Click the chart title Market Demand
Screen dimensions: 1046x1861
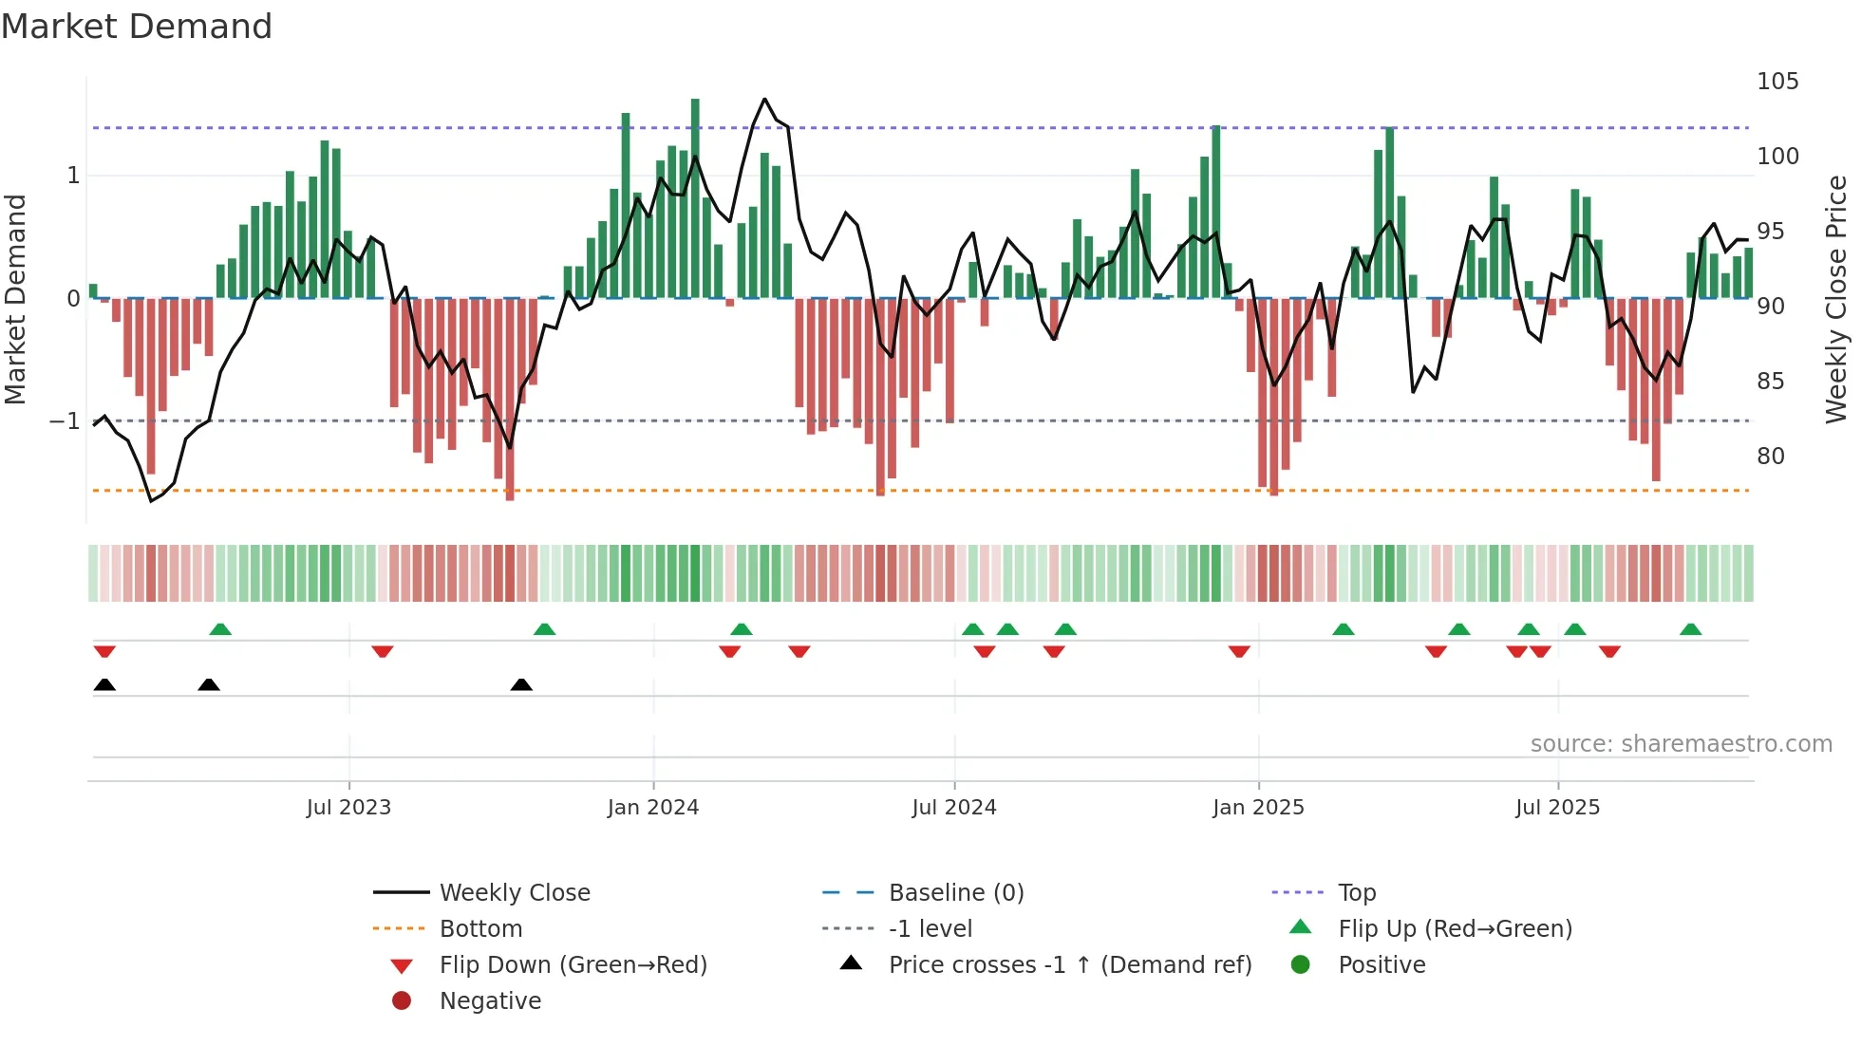137,27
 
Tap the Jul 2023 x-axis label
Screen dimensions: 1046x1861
348,808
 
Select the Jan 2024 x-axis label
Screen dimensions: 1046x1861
653,808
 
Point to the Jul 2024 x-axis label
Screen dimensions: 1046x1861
954,808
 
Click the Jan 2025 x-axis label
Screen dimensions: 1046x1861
1258,808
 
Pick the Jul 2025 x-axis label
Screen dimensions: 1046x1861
1557,808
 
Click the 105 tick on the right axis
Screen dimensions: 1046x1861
1777,82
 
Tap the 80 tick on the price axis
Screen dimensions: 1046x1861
1770,457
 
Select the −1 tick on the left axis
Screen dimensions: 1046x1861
66,420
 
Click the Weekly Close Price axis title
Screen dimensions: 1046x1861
1836,299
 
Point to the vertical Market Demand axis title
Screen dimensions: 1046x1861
16,299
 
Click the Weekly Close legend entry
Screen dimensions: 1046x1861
514,893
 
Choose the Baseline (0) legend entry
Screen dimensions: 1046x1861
955,893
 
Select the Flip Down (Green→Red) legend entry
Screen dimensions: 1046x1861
573,965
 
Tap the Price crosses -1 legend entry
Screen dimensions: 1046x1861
1069,965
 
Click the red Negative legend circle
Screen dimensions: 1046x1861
402,1001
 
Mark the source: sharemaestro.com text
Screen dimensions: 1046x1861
1681,744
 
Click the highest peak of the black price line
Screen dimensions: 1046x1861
764,99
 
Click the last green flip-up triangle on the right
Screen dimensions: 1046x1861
1690,629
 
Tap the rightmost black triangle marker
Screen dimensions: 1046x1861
521,684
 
